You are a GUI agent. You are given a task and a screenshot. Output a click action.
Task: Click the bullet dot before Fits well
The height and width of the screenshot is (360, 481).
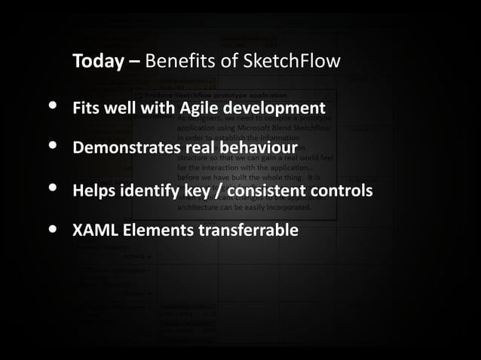tap(52, 108)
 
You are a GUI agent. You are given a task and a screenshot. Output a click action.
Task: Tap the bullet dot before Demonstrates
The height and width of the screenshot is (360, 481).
tap(52, 147)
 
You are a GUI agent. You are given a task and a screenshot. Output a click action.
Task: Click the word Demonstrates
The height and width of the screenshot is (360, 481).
tap(125, 147)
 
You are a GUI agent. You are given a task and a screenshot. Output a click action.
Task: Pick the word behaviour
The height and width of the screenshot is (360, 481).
tap(256, 147)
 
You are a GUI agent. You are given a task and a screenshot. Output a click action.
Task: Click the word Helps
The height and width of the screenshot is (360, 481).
tap(93, 190)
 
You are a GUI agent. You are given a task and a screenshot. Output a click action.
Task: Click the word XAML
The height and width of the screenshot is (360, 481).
tap(93, 230)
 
